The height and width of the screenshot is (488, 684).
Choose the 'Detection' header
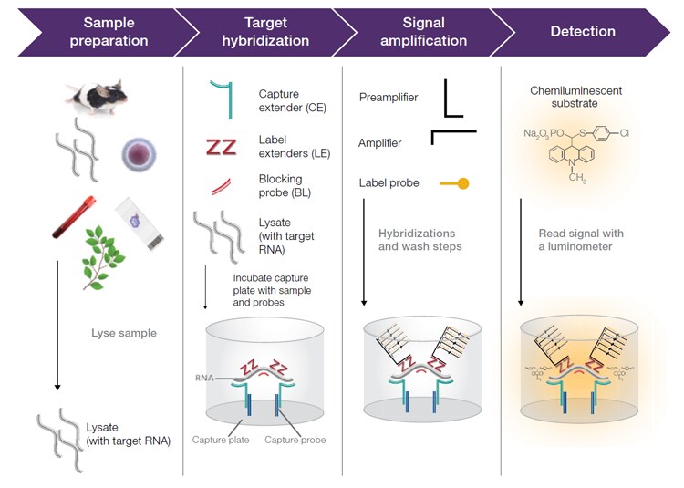click(x=582, y=32)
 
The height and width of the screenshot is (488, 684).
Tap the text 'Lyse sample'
click(x=124, y=334)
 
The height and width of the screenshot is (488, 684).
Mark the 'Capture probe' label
click(x=295, y=441)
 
